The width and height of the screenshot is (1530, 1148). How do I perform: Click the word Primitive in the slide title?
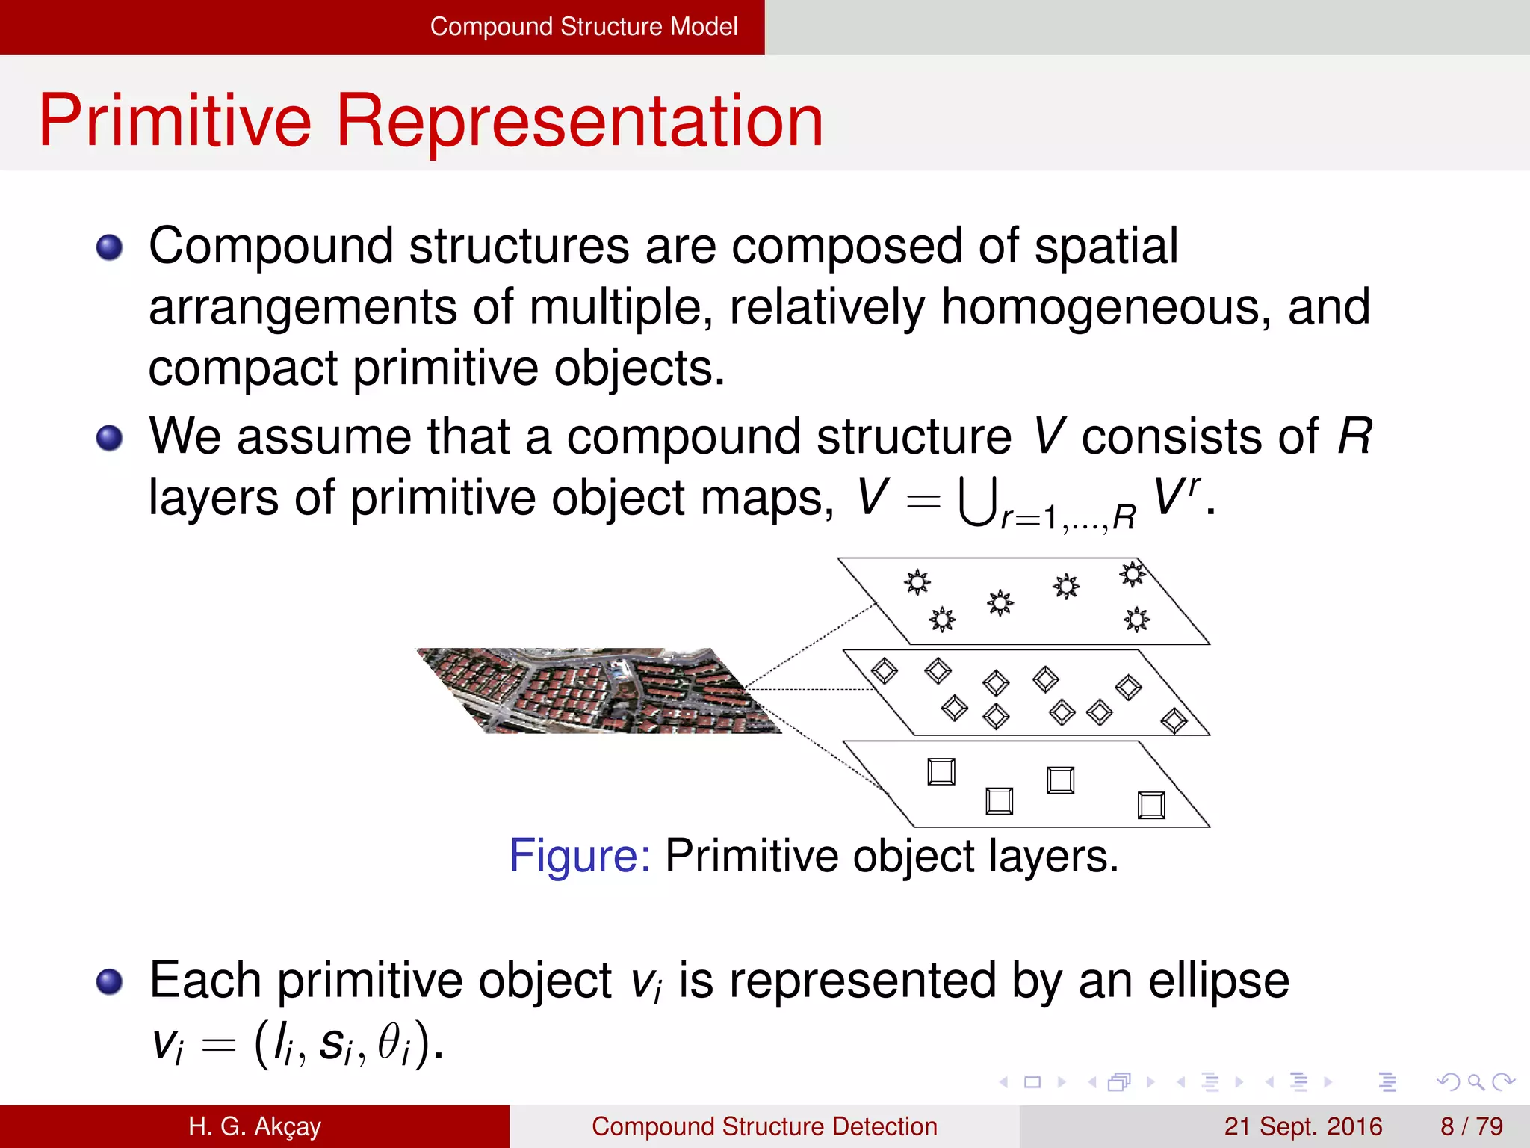pyautogui.click(x=175, y=121)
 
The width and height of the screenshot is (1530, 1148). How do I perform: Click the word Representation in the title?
pyautogui.click(x=580, y=121)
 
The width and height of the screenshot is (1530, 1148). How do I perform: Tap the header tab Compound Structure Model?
pyautogui.click(x=583, y=27)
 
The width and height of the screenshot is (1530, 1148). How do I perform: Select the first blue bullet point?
pyautogui.click(x=110, y=247)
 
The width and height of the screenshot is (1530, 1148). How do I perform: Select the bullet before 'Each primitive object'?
pyautogui.click(x=110, y=981)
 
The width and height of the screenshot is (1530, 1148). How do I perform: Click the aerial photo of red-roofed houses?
pyautogui.click(x=598, y=691)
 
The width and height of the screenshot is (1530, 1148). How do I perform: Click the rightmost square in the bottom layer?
pyautogui.click(x=1151, y=806)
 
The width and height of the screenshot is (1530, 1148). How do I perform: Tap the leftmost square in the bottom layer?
pyautogui.click(x=941, y=771)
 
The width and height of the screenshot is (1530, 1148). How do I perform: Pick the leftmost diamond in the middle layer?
pyautogui.click(x=885, y=670)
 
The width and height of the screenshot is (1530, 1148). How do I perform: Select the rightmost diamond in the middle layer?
pyautogui.click(x=1174, y=720)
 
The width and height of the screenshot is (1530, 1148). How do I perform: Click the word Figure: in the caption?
pyautogui.click(x=580, y=856)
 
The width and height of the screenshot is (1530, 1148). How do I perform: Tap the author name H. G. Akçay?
pyautogui.click(x=254, y=1126)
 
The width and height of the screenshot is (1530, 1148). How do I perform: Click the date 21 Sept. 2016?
pyautogui.click(x=1303, y=1126)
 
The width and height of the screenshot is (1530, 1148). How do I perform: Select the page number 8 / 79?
pyautogui.click(x=1471, y=1126)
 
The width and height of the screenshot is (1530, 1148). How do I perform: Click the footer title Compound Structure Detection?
pyautogui.click(x=764, y=1126)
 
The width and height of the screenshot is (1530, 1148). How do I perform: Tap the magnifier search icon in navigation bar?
pyautogui.click(x=1475, y=1081)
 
